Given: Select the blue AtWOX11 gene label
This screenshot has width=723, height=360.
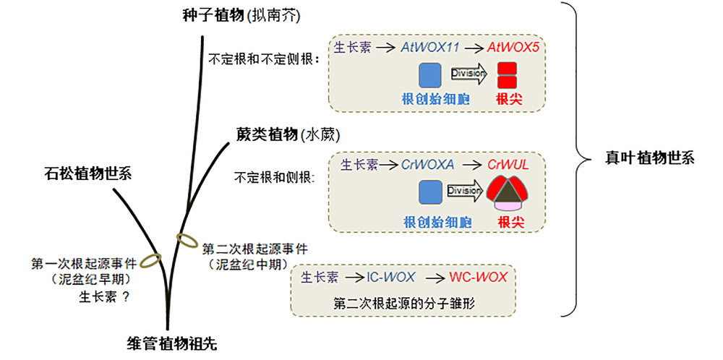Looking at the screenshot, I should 432,48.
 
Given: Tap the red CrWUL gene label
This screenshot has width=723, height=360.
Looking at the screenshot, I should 508,165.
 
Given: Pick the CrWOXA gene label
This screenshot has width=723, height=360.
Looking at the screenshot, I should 428,165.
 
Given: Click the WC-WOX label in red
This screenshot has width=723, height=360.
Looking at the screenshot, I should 478,277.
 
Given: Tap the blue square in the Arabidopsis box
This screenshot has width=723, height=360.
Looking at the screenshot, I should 430,76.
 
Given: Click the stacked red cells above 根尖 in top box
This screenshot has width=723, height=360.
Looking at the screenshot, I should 507,76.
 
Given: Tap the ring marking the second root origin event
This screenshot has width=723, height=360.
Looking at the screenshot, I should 187,239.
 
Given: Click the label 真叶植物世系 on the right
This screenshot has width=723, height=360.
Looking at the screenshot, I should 639,158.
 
